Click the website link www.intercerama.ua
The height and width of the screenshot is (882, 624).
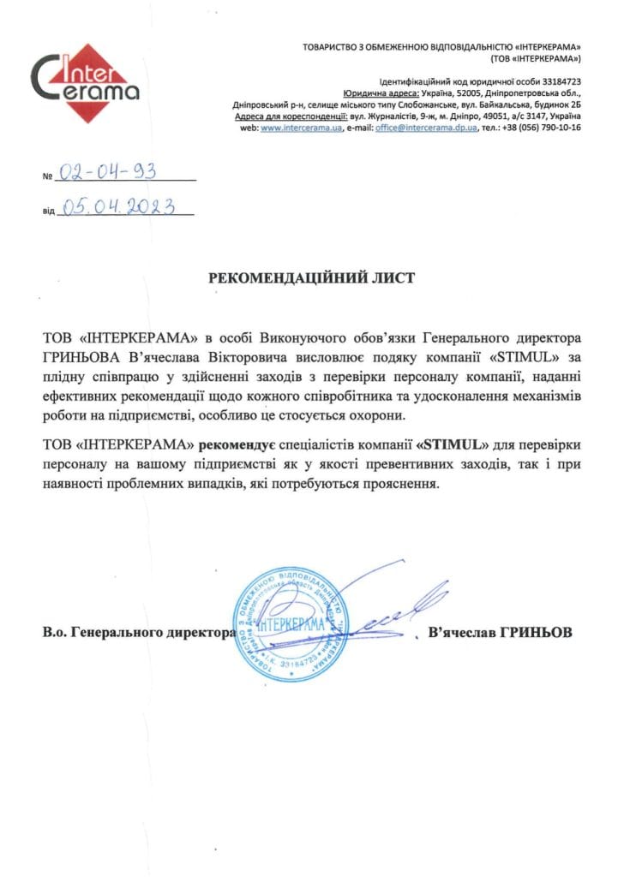pyautogui.click(x=289, y=127)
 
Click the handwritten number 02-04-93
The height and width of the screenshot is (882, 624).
pyautogui.click(x=106, y=172)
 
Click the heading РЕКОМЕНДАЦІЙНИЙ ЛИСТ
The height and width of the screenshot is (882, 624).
pyautogui.click(x=312, y=278)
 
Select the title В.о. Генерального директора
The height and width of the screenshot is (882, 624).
pyautogui.click(x=138, y=633)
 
